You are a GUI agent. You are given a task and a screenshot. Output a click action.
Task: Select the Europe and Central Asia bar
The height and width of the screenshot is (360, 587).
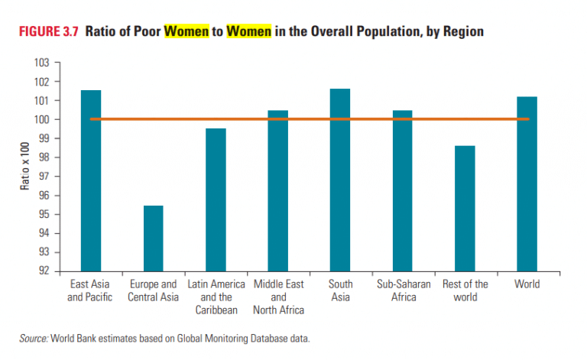[x=153, y=238]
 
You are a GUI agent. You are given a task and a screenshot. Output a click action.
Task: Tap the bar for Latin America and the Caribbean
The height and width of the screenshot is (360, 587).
[x=216, y=199]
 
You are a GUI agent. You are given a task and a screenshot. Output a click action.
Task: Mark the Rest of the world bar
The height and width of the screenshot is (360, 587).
[x=465, y=208]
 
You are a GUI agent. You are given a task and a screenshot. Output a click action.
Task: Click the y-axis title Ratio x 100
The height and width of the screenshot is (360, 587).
[x=25, y=167]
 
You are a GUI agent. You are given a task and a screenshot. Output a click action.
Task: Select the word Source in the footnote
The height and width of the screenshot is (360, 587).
[x=34, y=337]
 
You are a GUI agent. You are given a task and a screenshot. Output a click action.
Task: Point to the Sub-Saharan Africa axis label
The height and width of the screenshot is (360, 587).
[x=403, y=290]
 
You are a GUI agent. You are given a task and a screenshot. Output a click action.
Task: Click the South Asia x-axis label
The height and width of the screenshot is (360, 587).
[x=340, y=290]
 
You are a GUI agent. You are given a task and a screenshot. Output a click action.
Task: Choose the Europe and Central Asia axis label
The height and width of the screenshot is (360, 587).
[x=153, y=290]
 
